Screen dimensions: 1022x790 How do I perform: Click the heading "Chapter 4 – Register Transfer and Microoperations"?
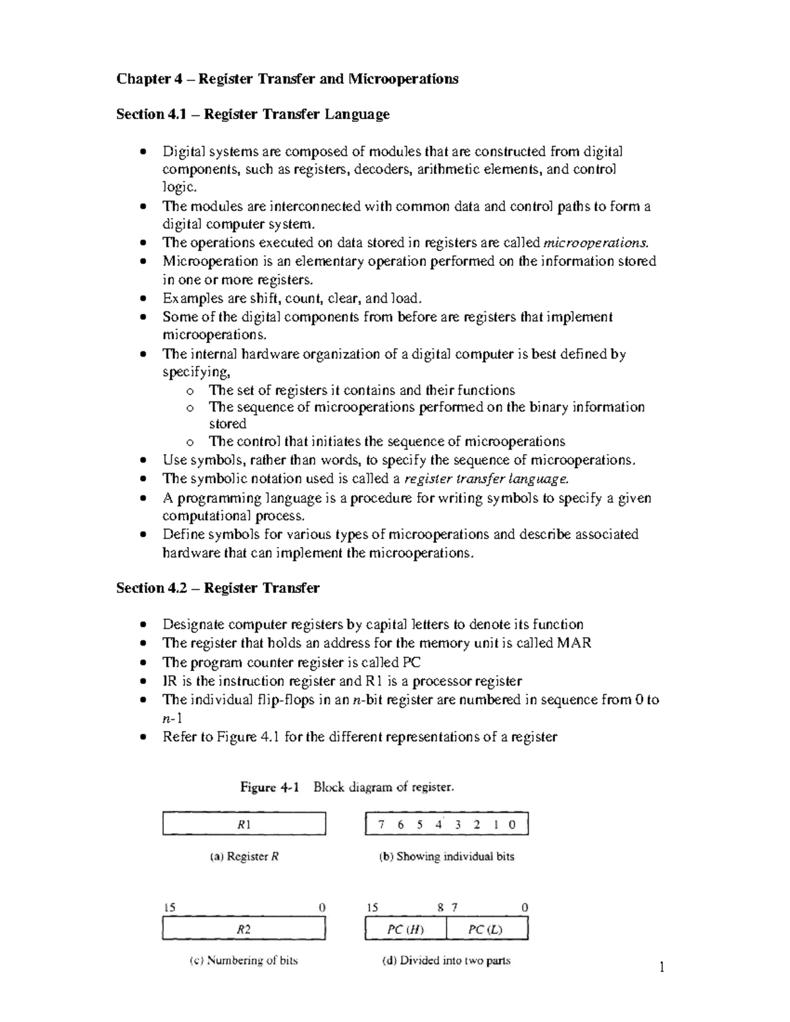click(287, 79)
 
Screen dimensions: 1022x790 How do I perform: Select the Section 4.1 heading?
click(253, 115)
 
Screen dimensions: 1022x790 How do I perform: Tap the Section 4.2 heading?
click(218, 588)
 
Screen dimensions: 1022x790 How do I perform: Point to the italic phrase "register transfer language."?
click(486, 478)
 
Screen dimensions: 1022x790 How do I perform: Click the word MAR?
click(574, 643)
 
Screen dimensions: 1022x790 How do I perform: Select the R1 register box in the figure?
click(244, 824)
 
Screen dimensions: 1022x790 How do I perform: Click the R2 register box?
click(244, 929)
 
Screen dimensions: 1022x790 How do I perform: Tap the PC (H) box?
click(406, 929)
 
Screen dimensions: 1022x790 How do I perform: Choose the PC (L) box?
click(487, 929)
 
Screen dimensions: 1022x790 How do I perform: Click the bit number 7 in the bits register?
click(381, 825)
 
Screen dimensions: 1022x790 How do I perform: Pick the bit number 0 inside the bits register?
click(512, 825)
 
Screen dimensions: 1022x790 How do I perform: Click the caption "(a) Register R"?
click(244, 856)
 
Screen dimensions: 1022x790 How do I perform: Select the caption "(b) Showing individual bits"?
click(446, 856)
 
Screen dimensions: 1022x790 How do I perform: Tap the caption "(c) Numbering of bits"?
click(244, 960)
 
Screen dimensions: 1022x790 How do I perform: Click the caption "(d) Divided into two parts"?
click(446, 960)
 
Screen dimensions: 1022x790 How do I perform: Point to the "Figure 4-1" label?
click(270, 787)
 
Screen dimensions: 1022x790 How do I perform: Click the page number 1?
click(662, 967)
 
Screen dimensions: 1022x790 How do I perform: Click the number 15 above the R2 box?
click(169, 907)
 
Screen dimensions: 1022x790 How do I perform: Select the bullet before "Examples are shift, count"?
click(144, 299)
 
